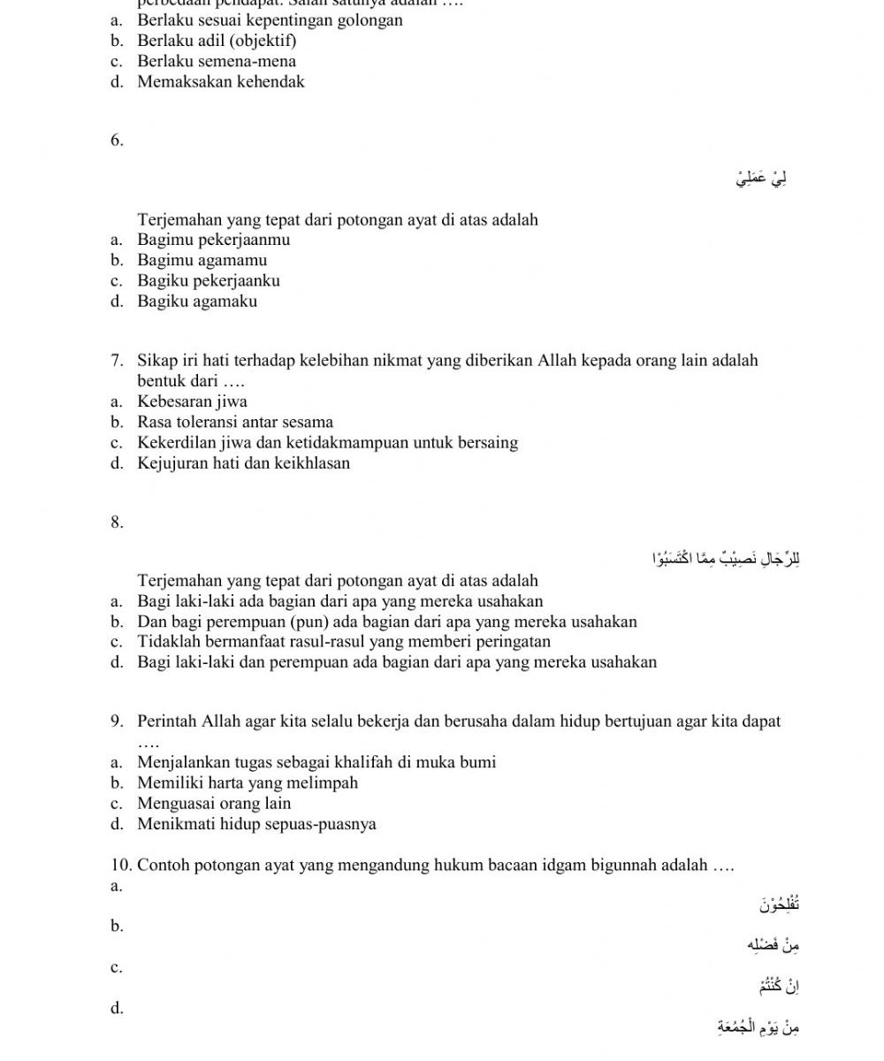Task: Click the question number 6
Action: click(118, 140)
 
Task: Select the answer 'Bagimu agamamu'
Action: click(202, 260)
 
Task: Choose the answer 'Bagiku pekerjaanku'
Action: click(209, 280)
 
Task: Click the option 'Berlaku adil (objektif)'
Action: click(217, 41)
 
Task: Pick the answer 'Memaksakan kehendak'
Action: click(221, 81)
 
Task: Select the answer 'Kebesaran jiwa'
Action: click(192, 401)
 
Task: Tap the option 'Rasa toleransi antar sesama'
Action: click(235, 422)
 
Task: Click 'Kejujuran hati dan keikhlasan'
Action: click(243, 462)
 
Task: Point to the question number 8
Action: click(118, 522)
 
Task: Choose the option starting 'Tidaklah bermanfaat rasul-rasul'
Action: click(344, 641)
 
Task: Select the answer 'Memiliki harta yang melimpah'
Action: click(248, 782)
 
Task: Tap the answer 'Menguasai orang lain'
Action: click(214, 803)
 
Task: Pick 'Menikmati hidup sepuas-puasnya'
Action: click(256, 824)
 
